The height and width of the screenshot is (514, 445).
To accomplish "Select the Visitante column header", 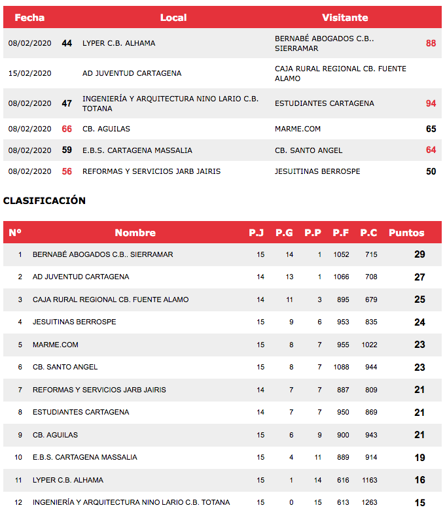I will (345, 18).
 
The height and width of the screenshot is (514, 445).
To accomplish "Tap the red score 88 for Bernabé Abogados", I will (431, 43).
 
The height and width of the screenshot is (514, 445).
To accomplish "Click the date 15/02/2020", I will (29, 73).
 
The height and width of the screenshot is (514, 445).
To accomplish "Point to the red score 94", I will (431, 103).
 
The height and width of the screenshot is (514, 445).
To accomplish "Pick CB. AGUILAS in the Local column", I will (106, 129).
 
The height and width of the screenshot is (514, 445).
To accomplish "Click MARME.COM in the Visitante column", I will (298, 129).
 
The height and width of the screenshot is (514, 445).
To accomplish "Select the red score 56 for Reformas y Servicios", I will (67, 171).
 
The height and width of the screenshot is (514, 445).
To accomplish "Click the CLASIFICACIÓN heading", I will (44, 201).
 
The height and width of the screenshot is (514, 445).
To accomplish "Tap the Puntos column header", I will (406, 233).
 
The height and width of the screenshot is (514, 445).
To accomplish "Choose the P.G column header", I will (284, 233).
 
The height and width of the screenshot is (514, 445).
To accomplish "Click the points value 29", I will (419, 254).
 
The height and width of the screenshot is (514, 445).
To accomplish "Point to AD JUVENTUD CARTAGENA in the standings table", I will (80, 277).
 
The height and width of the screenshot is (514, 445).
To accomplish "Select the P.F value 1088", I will (341, 367).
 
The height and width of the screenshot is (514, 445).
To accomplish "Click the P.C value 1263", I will (370, 502).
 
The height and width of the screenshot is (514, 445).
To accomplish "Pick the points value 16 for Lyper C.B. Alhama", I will (419, 480).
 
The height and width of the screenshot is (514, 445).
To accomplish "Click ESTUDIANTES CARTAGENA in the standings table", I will (80, 412).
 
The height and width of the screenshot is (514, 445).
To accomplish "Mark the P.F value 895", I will (341, 300).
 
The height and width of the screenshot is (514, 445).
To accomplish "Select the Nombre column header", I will (135, 233).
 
